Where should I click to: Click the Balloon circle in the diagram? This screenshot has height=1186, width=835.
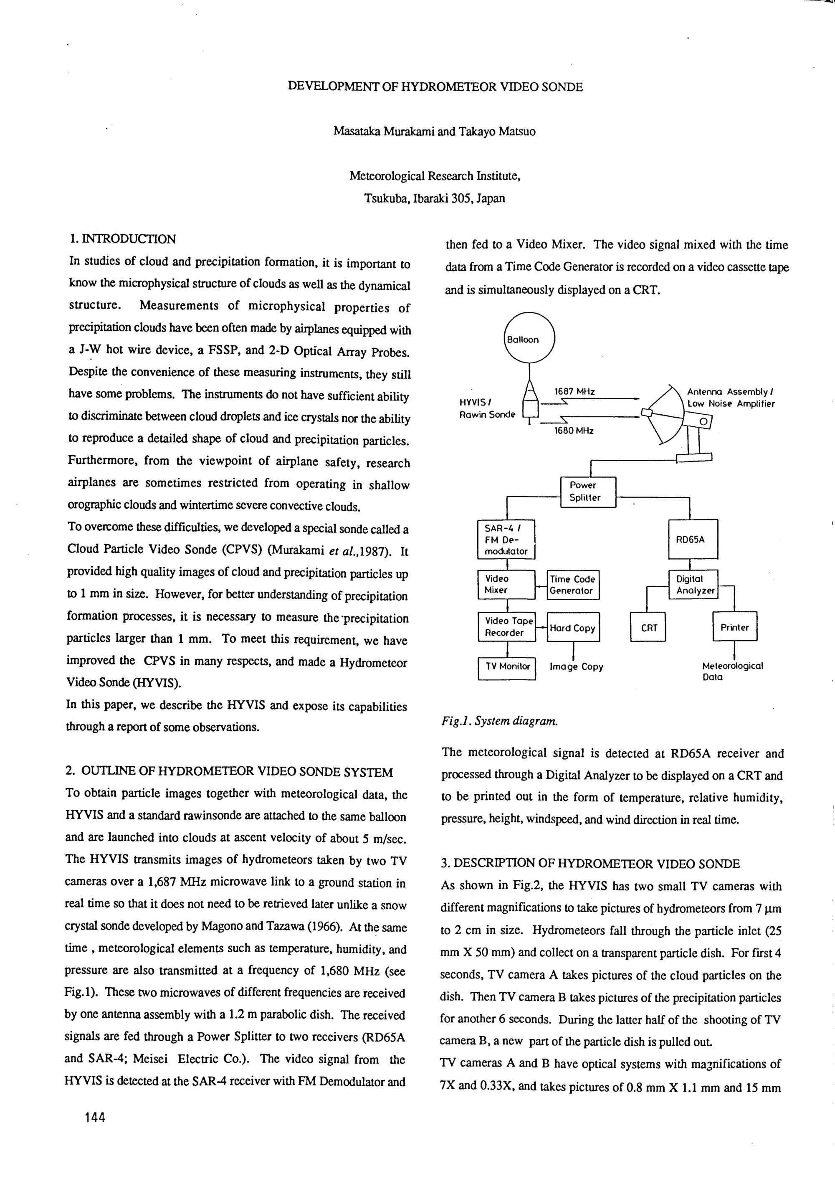(x=529, y=339)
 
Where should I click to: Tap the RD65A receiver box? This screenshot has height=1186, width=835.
(x=693, y=539)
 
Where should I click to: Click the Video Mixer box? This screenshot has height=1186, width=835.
(x=506, y=584)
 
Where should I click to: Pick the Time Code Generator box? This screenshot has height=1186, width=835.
(x=573, y=585)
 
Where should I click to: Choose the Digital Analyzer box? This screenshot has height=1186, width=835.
(x=693, y=584)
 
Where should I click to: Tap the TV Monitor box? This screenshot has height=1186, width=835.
(x=507, y=667)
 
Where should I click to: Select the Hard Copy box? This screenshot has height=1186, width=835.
(x=573, y=628)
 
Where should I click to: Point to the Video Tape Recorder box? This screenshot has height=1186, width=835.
(x=506, y=626)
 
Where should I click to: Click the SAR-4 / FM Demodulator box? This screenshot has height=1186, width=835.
(x=506, y=539)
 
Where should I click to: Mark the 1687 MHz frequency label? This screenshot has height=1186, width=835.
(x=575, y=392)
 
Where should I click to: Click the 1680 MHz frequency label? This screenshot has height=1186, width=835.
(x=574, y=430)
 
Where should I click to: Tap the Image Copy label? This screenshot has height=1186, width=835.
(x=576, y=667)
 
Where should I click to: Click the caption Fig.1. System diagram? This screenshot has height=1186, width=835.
(x=499, y=721)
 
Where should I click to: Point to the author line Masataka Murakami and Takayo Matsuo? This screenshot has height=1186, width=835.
(x=434, y=131)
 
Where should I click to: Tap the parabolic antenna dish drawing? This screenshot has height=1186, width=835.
(x=666, y=413)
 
